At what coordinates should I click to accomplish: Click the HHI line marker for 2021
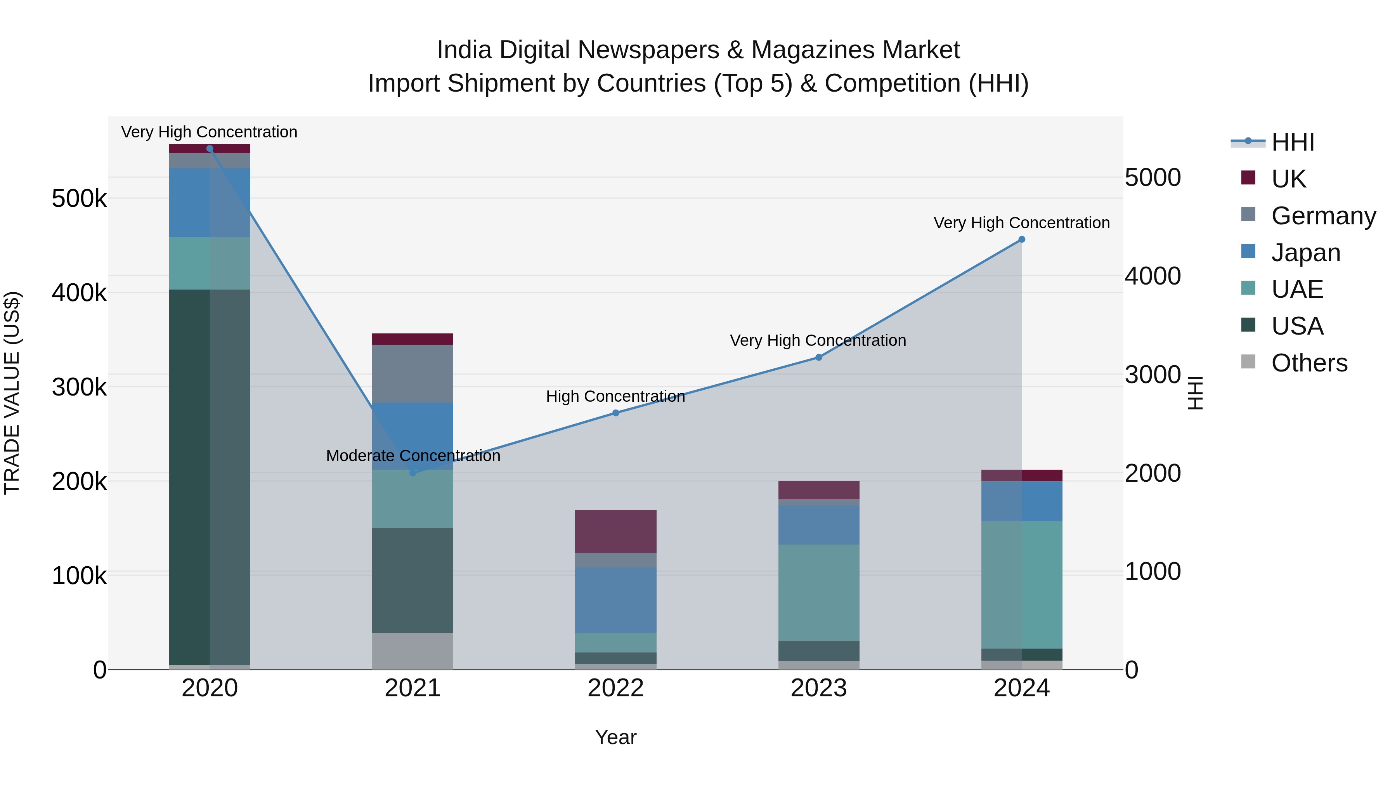click(413, 472)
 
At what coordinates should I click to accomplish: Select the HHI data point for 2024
click(1022, 239)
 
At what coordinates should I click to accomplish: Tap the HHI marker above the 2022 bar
click(615, 413)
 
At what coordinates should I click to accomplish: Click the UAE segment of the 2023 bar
click(819, 592)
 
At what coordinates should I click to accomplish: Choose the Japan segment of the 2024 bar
click(1022, 501)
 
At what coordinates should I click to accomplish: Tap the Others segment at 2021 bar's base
click(413, 651)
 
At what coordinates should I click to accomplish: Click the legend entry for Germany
click(1323, 216)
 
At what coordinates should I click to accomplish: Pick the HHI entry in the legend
click(1292, 142)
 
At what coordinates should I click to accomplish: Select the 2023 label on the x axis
click(819, 688)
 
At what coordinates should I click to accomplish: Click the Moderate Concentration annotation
click(413, 456)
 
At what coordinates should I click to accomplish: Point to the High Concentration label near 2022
click(615, 397)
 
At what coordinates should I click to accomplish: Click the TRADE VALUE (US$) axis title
click(12, 393)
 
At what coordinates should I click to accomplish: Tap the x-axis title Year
click(615, 737)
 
